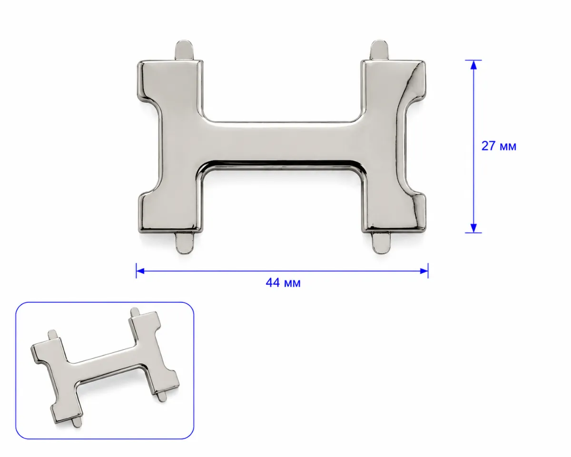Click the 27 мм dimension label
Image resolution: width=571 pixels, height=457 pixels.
pos(499,146)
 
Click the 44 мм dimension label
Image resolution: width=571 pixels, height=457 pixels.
pos(283,283)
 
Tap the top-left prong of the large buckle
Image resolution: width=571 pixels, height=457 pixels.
pos(184,50)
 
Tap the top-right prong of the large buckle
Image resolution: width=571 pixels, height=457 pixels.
pos(379,50)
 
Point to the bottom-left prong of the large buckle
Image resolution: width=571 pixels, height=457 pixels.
pos(185,242)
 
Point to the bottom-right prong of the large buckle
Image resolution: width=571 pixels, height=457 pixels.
pos(381,242)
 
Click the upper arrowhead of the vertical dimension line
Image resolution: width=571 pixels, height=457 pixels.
pos(473,65)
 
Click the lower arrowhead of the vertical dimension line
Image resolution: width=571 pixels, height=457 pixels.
pos(473,228)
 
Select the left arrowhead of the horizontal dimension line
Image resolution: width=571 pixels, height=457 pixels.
pos(140,271)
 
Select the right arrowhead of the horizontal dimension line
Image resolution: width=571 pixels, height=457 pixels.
pos(424,271)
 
